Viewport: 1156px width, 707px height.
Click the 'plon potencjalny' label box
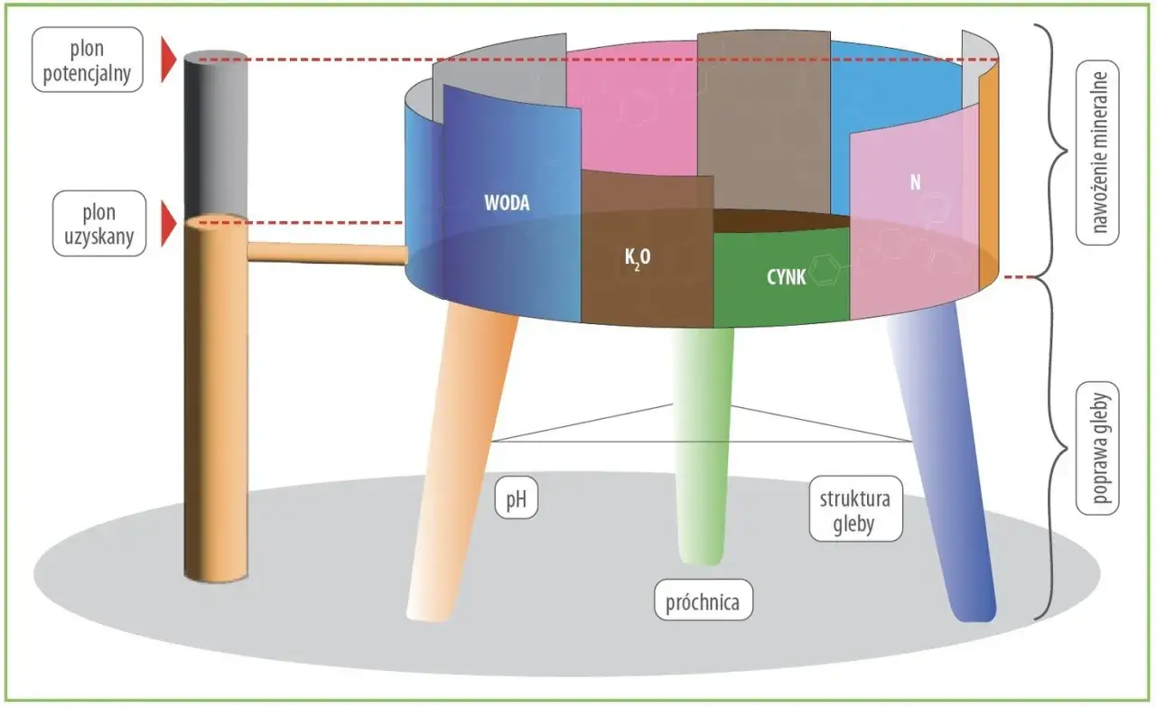88,60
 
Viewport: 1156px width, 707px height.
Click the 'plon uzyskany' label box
99,223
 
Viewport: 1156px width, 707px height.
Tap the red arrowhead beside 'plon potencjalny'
169,60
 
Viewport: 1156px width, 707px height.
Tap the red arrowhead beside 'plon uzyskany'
169,223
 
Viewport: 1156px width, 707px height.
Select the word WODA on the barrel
507,203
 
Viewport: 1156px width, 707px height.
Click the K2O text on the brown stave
638,258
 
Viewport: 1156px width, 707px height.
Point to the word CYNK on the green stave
786,277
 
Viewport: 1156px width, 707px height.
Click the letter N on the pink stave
915,182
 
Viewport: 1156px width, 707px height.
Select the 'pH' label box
516,498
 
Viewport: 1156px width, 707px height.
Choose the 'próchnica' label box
704,600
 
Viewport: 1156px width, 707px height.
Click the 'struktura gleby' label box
855,509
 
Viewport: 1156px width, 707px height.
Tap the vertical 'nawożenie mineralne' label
1097,153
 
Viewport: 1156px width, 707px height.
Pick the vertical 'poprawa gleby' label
1097,448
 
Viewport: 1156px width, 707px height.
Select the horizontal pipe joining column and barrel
328,254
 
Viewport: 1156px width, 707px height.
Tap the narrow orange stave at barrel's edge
988,175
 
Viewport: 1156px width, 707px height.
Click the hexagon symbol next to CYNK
825,269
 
